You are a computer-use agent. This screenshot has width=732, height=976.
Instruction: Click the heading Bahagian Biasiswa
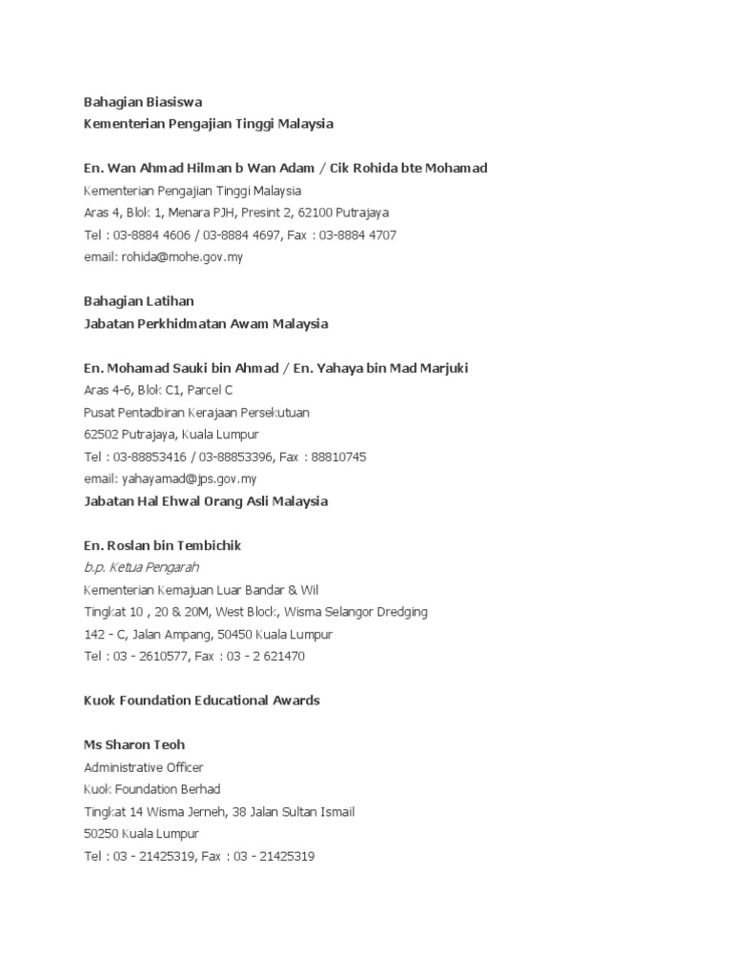(x=143, y=102)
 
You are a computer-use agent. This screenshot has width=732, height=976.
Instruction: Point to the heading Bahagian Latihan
(x=139, y=301)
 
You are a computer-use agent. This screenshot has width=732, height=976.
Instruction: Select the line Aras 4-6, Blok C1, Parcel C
(x=158, y=390)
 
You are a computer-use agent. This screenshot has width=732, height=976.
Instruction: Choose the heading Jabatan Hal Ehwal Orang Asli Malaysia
(x=206, y=501)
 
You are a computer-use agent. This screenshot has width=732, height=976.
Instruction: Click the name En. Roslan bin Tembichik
(x=162, y=545)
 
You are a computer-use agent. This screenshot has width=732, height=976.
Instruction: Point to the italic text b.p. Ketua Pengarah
(x=141, y=567)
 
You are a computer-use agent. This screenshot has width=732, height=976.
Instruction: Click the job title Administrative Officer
(x=144, y=767)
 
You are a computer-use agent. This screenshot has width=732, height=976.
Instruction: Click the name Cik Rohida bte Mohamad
(x=409, y=169)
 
